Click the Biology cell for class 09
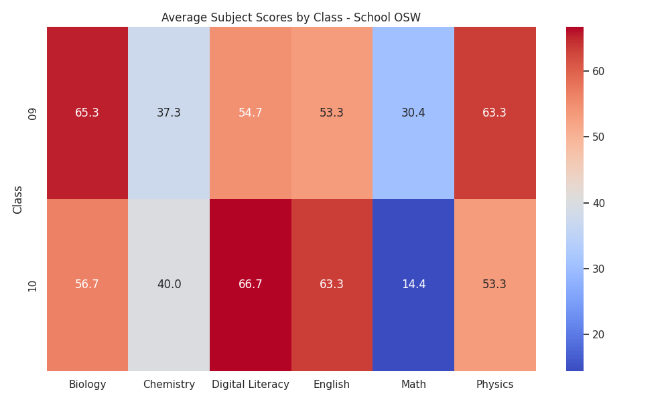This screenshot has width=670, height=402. point(87,113)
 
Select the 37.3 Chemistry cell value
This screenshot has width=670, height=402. point(169,113)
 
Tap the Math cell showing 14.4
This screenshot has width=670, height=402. point(413,285)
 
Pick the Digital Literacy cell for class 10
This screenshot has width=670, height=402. point(251,285)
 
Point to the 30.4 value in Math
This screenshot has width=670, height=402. point(413,113)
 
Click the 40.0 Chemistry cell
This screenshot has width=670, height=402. point(169,285)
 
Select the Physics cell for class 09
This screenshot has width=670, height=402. point(495,113)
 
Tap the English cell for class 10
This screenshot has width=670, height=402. point(332,285)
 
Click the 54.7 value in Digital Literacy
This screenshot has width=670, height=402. point(251,113)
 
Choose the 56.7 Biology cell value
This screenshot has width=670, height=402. point(87,284)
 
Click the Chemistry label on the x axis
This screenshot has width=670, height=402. point(169,385)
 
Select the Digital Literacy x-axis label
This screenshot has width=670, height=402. point(251,385)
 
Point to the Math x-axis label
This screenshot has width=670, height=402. point(413,385)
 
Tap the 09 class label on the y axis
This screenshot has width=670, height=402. point(32,114)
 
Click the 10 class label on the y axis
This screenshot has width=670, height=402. point(32,286)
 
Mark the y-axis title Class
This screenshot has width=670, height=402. point(17,200)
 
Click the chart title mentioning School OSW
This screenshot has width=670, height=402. point(291,17)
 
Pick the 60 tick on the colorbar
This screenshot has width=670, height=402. point(598,71)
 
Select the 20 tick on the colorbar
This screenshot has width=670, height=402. point(598,334)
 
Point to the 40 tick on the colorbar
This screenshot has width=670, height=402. point(598,204)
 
